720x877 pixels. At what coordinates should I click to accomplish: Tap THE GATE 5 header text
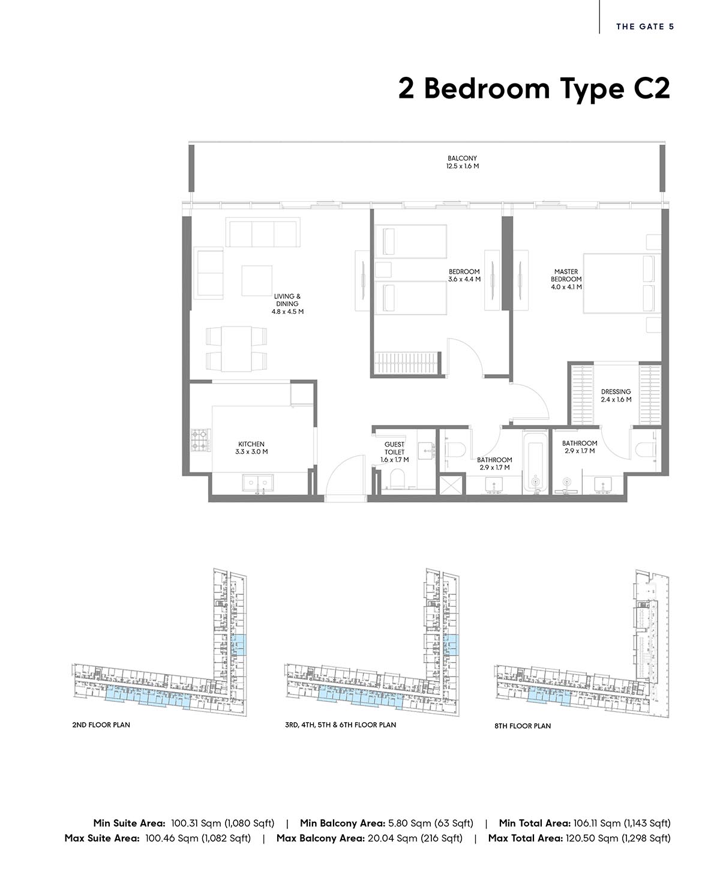click(645, 26)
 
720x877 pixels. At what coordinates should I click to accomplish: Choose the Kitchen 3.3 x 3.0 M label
click(251, 448)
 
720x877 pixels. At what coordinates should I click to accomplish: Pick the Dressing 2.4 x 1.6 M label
click(616, 396)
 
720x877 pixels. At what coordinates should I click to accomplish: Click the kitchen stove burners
click(201, 441)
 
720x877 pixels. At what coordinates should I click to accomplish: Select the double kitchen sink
click(258, 484)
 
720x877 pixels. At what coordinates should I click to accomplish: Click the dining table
click(236, 349)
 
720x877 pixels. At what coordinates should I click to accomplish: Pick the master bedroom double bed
click(622, 283)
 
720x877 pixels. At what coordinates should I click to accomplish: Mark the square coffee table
click(257, 281)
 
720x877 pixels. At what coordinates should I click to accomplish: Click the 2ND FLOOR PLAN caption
click(101, 725)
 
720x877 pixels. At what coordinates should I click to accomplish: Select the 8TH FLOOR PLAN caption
click(523, 726)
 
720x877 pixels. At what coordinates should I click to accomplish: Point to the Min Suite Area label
click(129, 823)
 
